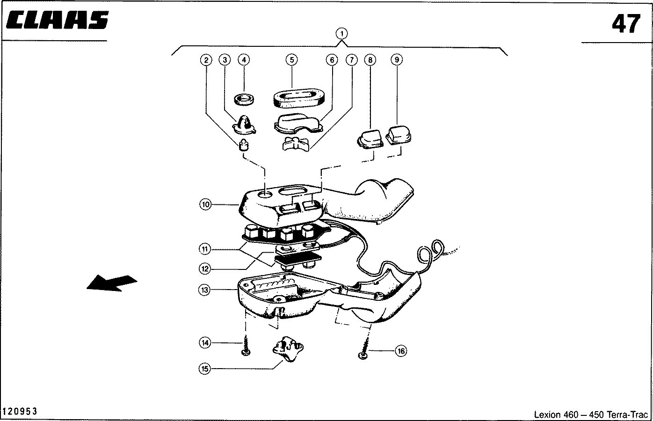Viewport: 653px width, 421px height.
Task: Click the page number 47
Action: (626, 24)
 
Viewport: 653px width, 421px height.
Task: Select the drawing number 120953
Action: (19, 411)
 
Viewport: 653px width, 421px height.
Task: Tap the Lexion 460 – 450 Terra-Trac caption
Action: (591, 414)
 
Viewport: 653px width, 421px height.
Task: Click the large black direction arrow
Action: (112, 283)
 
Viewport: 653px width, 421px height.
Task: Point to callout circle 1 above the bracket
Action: (341, 34)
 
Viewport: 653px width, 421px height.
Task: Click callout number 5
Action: (291, 60)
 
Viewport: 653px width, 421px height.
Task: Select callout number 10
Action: (205, 204)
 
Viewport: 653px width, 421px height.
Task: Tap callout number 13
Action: (204, 290)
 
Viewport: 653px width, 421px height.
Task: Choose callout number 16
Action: (401, 351)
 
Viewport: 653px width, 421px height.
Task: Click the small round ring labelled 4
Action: (244, 99)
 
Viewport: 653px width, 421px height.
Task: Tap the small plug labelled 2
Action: (244, 145)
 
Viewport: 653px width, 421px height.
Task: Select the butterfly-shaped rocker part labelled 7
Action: (296, 144)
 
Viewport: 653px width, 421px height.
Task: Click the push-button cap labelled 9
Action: (399, 135)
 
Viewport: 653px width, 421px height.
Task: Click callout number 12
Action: (205, 269)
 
